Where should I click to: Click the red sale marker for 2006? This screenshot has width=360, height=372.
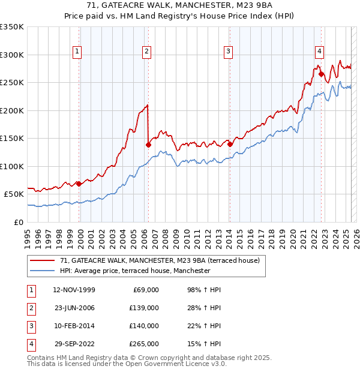click(148, 144)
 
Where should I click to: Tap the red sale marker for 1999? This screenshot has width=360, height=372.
click(79, 184)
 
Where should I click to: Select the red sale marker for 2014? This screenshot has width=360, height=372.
click(230, 144)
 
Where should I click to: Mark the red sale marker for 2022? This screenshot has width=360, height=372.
click(321, 74)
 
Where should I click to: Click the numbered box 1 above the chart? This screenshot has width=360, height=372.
click(78, 52)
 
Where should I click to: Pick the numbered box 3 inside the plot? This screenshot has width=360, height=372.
click(229, 52)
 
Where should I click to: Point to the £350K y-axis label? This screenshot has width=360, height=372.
click(12, 27)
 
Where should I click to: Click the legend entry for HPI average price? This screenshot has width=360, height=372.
click(134, 271)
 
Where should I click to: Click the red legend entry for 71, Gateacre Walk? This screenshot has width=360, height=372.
click(159, 260)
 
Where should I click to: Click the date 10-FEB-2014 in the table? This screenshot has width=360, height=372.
click(74, 326)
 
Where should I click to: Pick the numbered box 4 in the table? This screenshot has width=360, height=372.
click(29, 344)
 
